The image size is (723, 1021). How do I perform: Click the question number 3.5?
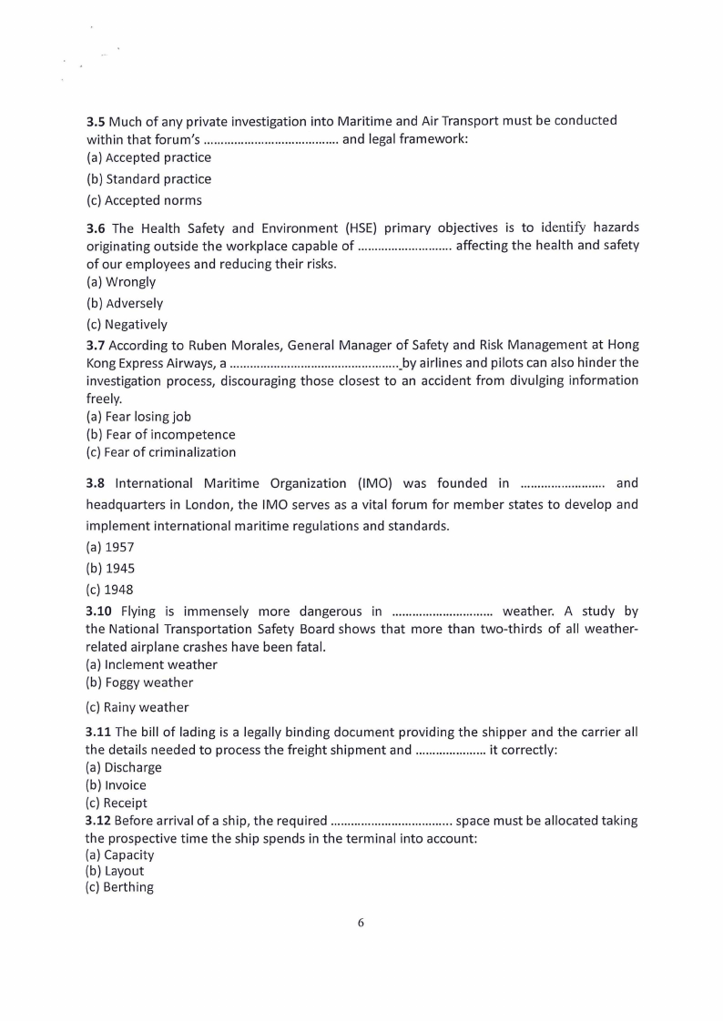pyautogui.click(x=96, y=120)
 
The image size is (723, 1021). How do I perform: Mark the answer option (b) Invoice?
pyautogui.click(x=116, y=785)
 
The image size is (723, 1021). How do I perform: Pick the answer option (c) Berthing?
pyautogui.click(x=119, y=887)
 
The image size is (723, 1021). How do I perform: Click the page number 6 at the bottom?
pyautogui.click(x=361, y=923)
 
